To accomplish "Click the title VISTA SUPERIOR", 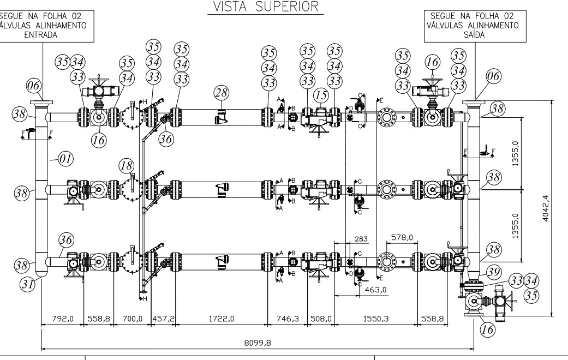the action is (x=266, y=7).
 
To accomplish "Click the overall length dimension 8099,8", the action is (x=258, y=343).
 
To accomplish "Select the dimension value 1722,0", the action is (x=222, y=319).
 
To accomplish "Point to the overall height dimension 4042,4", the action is (x=546, y=208).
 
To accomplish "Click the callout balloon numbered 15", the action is (x=321, y=95).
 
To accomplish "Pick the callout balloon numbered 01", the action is (x=65, y=159).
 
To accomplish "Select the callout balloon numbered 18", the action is (x=127, y=166).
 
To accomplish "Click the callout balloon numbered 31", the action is (x=27, y=284).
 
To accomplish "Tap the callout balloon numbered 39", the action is (x=493, y=272).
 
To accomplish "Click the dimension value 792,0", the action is (x=63, y=319).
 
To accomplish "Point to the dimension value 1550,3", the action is (x=375, y=319).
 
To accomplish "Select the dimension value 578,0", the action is (x=402, y=238).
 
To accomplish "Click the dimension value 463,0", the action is (x=375, y=290).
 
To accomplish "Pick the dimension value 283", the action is (x=361, y=239).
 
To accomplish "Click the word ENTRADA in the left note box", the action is (x=41, y=35).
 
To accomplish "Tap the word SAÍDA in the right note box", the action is (x=474, y=35).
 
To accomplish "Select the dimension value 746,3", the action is (x=288, y=319).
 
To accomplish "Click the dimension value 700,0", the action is (x=132, y=319).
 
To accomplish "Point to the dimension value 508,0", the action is (x=321, y=319).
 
